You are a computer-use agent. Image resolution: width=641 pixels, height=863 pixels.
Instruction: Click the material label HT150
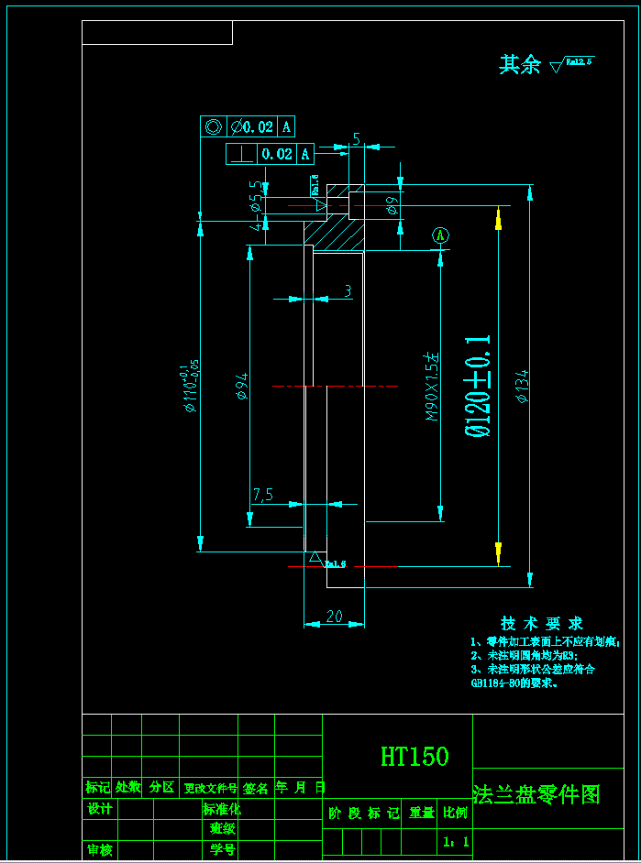[x=414, y=757]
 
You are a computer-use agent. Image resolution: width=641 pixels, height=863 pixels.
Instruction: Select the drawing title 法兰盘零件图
[x=536, y=795]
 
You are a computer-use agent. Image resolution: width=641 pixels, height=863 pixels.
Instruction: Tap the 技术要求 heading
[x=542, y=624]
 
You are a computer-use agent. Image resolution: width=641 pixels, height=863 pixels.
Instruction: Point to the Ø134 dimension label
[x=522, y=386]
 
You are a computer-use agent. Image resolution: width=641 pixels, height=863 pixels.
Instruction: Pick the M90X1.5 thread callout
[x=432, y=386]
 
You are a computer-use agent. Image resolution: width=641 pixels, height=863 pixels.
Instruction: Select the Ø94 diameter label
[x=242, y=388]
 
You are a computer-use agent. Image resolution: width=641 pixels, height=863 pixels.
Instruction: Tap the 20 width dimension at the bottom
[x=334, y=617]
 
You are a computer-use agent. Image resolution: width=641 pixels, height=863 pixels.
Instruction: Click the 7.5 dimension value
[x=263, y=495]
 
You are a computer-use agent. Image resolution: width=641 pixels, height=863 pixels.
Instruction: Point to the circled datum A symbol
[x=440, y=235]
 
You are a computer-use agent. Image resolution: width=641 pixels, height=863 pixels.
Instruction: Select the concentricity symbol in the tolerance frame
[x=213, y=126]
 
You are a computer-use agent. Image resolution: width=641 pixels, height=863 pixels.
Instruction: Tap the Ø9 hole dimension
[x=392, y=204]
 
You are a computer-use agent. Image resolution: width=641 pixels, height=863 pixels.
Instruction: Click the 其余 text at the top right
[x=519, y=65]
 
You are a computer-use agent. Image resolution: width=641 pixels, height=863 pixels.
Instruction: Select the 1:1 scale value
[x=455, y=841]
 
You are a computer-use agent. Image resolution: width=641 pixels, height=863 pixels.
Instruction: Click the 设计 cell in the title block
[x=99, y=809]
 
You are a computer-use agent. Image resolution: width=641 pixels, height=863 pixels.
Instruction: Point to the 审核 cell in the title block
[x=99, y=850]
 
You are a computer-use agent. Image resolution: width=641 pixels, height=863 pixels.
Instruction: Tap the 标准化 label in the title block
[x=221, y=809]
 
